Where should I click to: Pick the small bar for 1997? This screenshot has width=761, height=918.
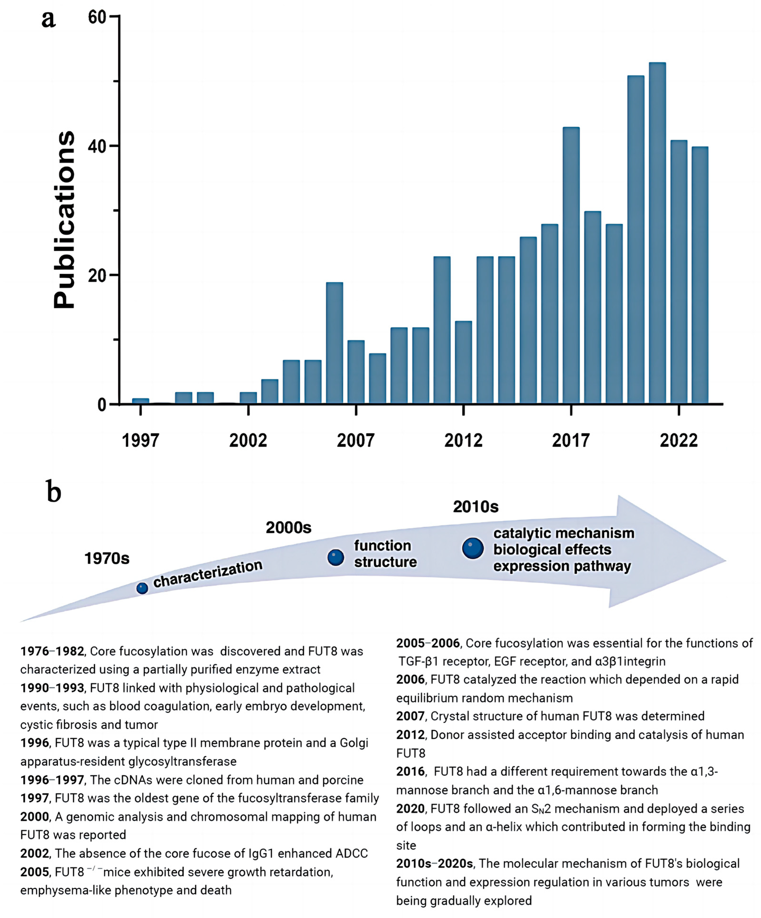(141, 401)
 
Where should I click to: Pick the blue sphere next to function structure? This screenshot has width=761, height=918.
(335, 557)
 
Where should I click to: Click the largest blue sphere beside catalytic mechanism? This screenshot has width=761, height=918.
(473, 548)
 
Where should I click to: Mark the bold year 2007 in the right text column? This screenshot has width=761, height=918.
(410, 716)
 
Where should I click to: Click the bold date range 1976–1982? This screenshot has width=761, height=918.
(52, 651)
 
